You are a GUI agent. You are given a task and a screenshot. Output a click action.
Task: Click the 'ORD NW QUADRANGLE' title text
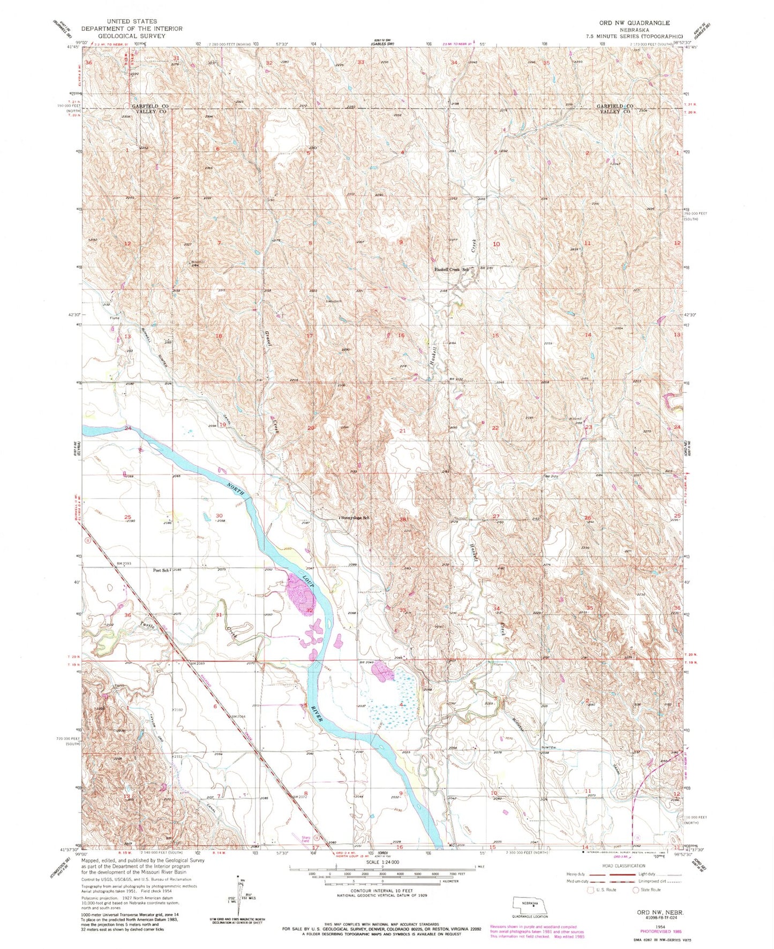[635, 23]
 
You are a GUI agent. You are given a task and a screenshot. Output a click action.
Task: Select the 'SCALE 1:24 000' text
[382, 862]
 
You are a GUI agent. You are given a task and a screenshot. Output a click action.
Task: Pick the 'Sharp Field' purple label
[305, 840]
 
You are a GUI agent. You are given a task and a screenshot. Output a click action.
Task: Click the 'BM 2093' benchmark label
[124, 564]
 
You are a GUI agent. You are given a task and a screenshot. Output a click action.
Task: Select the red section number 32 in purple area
[310, 610]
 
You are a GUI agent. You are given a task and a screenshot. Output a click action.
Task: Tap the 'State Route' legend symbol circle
[636, 890]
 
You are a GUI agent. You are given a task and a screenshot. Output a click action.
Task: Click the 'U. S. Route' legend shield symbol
[591, 890]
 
